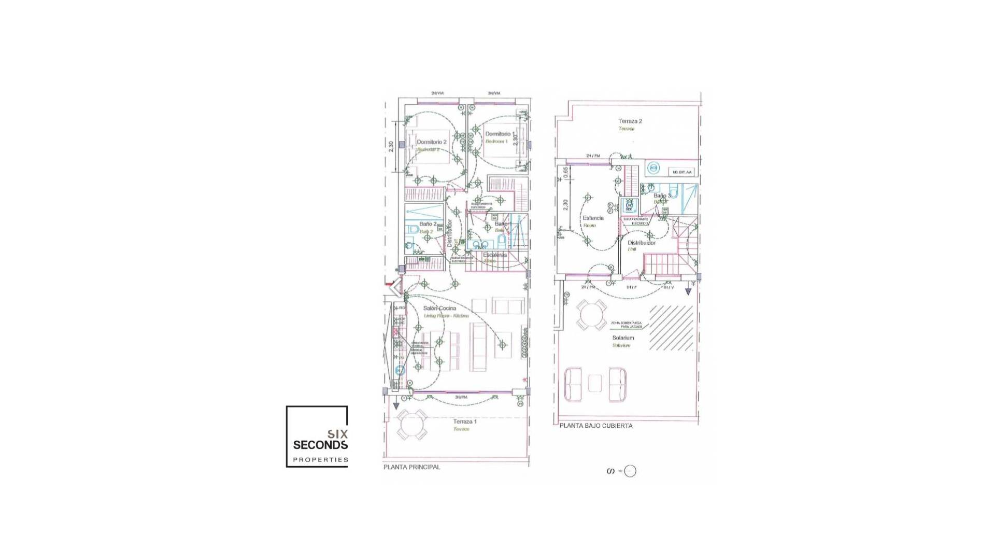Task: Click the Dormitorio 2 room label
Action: click(431, 142)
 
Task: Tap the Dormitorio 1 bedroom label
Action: click(499, 134)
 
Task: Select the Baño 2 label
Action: click(428, 224)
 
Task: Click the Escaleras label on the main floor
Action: click(494, 255)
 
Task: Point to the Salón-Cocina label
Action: click(439, 309)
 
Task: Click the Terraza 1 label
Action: click(464, 422)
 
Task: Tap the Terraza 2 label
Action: click(630, 121)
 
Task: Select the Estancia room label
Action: click(593, 218)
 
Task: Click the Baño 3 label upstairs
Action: click(661, 196)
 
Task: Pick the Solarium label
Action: click(623, 338)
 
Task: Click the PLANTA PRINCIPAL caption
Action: click(411, 467)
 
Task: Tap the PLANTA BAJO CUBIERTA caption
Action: click(596, 426)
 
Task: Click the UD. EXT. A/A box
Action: click(682, 172)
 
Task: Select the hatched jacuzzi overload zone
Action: click(671, 328)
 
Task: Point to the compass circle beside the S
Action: click(630, 471)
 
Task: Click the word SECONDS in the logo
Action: click(320, 445)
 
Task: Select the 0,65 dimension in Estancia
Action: click(565, 173)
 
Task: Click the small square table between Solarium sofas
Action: click(595, 384)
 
